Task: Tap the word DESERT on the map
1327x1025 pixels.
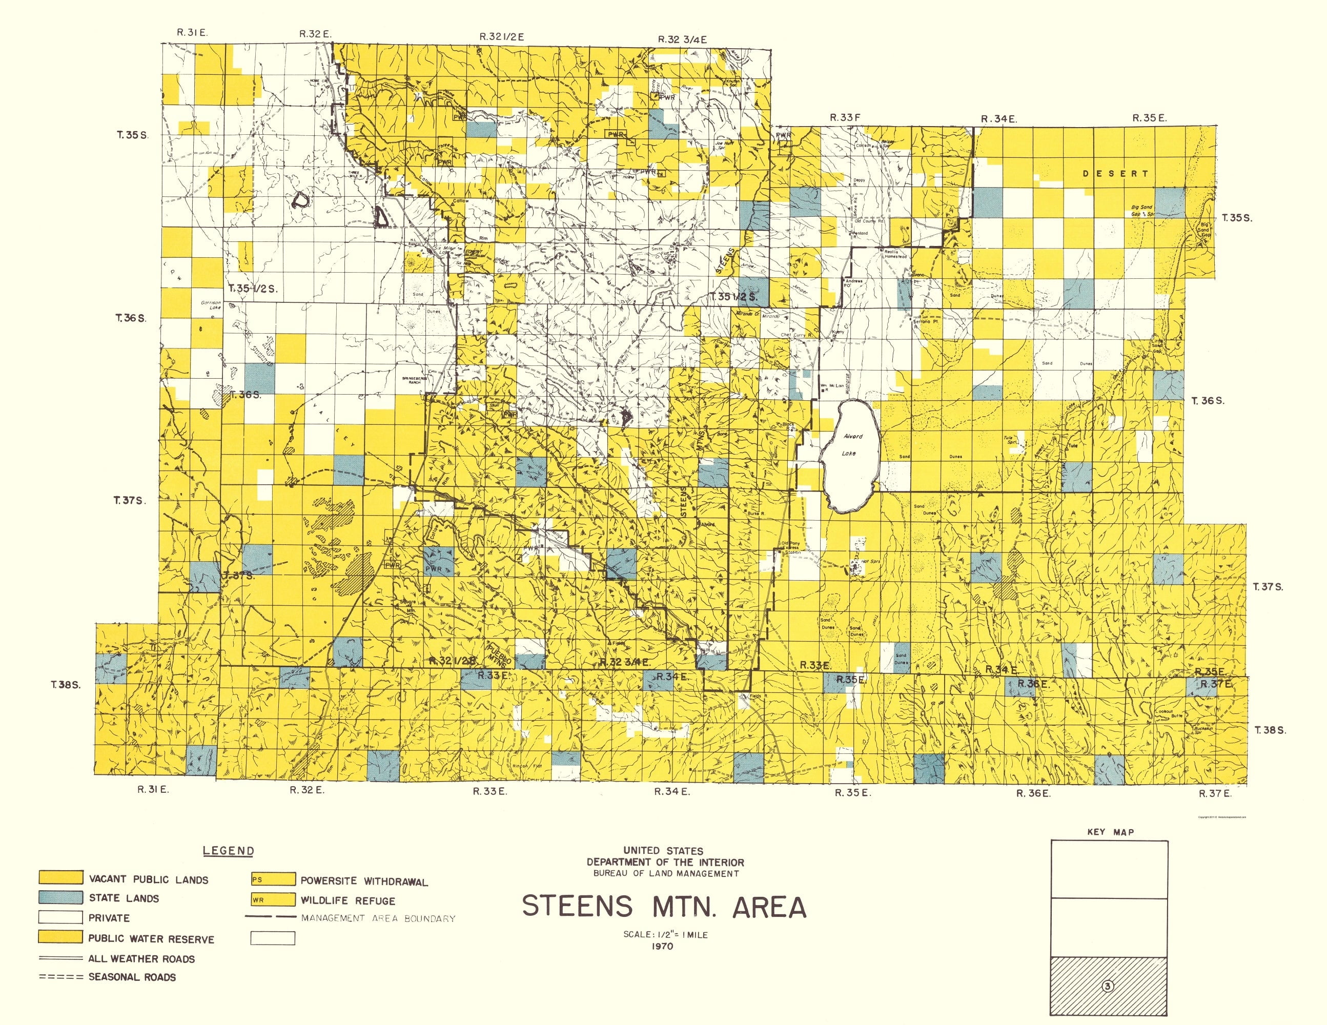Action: click(x=1115, y=174)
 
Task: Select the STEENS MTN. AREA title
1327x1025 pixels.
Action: click(x=664, y=907)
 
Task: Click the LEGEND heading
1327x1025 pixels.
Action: click(x=229, y=851)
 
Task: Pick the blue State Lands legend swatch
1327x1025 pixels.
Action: click(x=60, y=897)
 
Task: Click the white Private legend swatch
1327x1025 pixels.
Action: click(x=60, y=917)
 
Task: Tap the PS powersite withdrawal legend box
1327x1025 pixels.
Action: click(x=273, y=879)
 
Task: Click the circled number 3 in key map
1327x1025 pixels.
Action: click(x=1107, y=986)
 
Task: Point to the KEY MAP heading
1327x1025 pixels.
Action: click(x=1110, y=832)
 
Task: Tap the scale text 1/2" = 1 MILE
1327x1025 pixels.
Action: click(x=665, y=934)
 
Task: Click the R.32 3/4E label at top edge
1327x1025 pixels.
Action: click(x=682, y=39)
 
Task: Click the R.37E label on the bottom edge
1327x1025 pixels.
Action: click(x=1215, y=793)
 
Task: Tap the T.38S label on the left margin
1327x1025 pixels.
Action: click(x=66, y=685)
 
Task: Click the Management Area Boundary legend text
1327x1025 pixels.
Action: click(x=378, y=918)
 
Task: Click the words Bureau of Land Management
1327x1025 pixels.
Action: click(x=666, y=874)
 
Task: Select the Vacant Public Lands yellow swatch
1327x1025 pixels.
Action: click(x=60, y=877)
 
